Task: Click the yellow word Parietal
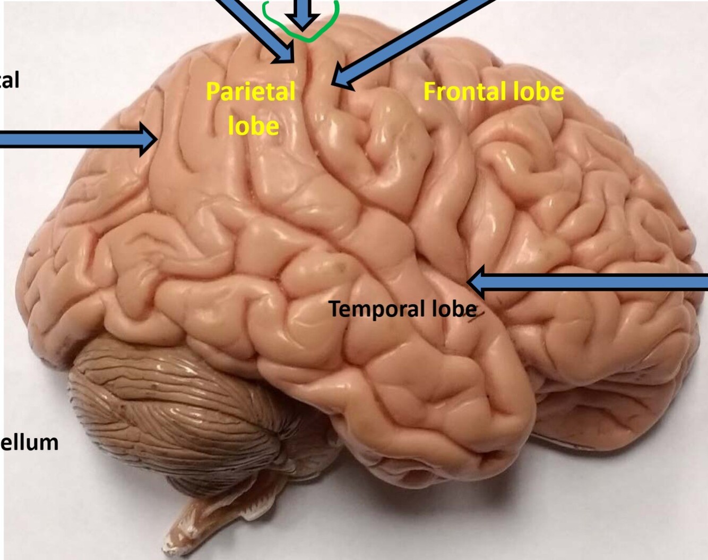[250, 91]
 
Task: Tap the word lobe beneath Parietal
[253, 126]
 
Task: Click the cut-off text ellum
[29, 443]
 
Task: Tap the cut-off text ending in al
[10, 80]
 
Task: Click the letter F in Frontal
[430, 91]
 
